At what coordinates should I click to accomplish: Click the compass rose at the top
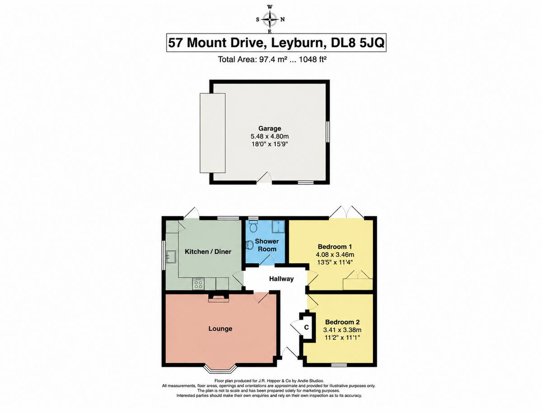point(270,19)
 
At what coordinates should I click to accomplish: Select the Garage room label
point(270,128)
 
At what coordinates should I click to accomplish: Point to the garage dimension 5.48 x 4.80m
point(270,136)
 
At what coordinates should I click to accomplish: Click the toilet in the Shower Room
point(253,226)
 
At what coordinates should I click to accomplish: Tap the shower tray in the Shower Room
point(278,227)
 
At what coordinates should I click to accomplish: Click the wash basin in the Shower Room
point(250,245)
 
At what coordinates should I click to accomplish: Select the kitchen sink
point(171,257)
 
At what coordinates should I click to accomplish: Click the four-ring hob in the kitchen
point(198,284)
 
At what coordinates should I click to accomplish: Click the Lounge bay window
point(221,370)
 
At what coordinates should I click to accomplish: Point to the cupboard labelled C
point(308,328)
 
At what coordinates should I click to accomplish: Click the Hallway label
point(281,279)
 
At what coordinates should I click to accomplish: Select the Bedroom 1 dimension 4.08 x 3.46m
point(335,254)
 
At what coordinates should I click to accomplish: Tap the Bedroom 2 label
point(342,322)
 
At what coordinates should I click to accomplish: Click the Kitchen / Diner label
point(208,252)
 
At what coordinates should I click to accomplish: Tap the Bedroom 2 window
point(339,365)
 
